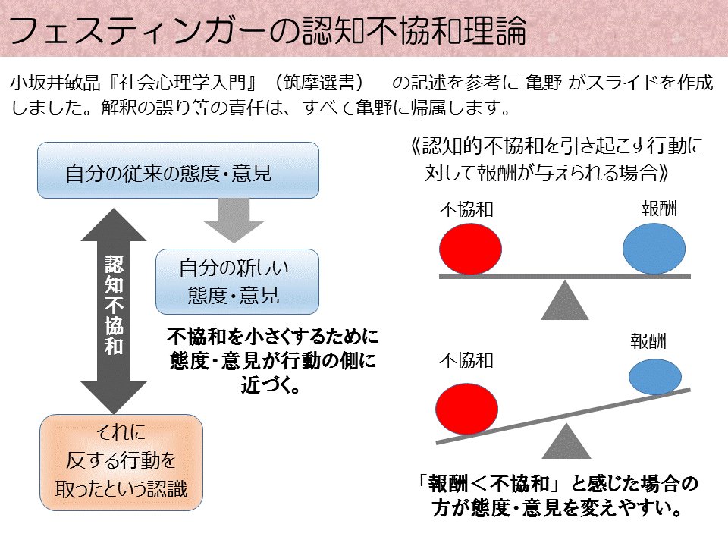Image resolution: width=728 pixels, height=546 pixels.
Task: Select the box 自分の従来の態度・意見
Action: click(x=178, y=171)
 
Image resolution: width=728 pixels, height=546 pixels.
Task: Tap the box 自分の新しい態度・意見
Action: click(x=237, y=281)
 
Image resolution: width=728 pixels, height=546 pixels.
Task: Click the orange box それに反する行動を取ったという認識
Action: click(x=121, y=461)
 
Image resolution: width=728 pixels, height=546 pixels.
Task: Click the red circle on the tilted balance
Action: click(x=467, y=409)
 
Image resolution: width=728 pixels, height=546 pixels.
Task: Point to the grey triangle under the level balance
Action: click(x=564, y=300)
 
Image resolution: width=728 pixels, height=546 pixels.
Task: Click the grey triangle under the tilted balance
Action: click(x=564, y=444)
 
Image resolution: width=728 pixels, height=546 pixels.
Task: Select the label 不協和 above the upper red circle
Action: click(x=466, y=210)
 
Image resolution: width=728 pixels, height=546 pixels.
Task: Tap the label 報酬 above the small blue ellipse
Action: click(x=648, y=341)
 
